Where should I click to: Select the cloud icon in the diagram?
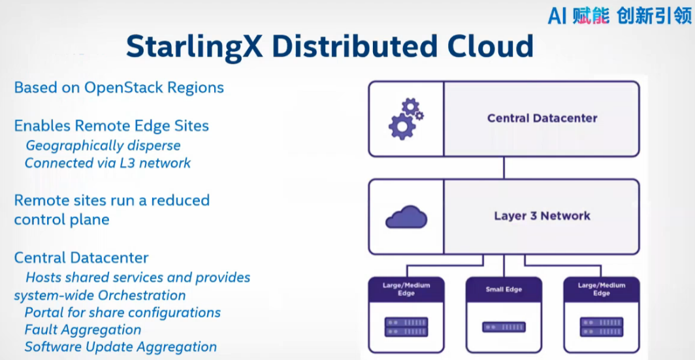[406, 217]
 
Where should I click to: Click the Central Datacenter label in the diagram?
[542, 118]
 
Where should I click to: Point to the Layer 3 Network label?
[542, 216]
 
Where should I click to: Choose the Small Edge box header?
[504, 289]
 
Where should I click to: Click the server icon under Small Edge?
[504, 327]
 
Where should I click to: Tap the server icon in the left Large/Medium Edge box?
[406, 327]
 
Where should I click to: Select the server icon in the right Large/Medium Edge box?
[602, 327]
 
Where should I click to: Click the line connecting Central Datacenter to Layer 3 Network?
[504, 169]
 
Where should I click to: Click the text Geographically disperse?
[103, 145]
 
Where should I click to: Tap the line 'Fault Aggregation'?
[83, 330]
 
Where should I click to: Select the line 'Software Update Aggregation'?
[120, 347]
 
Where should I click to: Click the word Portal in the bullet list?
[45, 312]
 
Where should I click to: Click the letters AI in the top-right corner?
[557, 16]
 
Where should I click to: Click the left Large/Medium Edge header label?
[406, 289]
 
